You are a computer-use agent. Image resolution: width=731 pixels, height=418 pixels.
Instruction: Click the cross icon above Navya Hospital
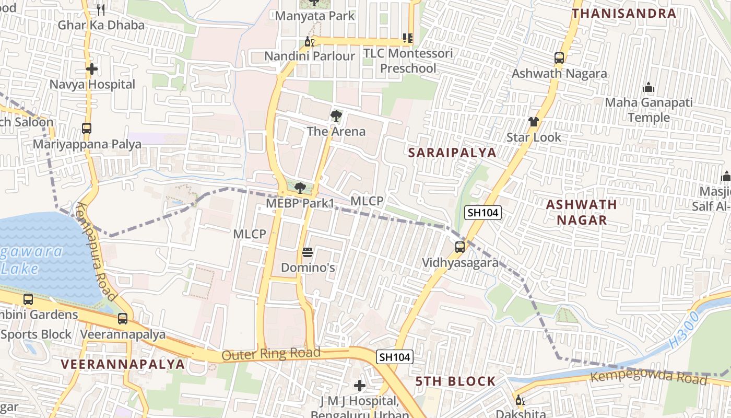point(92,69)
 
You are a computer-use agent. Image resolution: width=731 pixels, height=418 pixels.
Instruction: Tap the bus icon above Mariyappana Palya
point(87,128)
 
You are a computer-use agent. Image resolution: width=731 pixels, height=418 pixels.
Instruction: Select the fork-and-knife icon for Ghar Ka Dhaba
point(101,9)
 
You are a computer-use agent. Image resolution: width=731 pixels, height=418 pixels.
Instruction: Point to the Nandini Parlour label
point(310,56)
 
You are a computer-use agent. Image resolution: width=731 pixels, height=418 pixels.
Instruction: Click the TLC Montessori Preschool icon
point(408,38)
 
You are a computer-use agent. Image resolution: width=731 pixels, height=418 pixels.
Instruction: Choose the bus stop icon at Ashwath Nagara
point(559,57)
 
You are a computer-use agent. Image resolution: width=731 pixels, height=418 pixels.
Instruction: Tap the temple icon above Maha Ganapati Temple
point(649,87)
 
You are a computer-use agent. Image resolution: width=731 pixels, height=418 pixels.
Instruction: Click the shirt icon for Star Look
point(533,122)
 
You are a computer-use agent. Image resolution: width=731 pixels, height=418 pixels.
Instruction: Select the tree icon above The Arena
point(336,115)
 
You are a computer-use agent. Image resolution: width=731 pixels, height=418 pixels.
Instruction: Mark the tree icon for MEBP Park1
point(300,188)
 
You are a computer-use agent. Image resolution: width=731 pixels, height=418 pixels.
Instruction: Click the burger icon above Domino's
point(308,253)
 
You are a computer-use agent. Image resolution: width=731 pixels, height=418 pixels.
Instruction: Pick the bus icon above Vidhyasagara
point(460,247)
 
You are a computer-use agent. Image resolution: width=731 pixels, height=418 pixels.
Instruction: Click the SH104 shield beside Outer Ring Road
point(395,357)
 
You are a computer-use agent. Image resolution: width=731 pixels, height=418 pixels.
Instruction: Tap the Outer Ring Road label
point(271,354)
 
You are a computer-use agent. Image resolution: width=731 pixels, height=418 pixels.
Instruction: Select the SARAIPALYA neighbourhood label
point(452,153)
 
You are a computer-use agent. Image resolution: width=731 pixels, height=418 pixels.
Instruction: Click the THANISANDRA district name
point(624,14)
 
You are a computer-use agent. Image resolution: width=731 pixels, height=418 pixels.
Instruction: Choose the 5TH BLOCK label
point(456,381)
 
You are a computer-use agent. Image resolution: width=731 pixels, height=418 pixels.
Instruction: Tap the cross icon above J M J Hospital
point(360,386)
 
